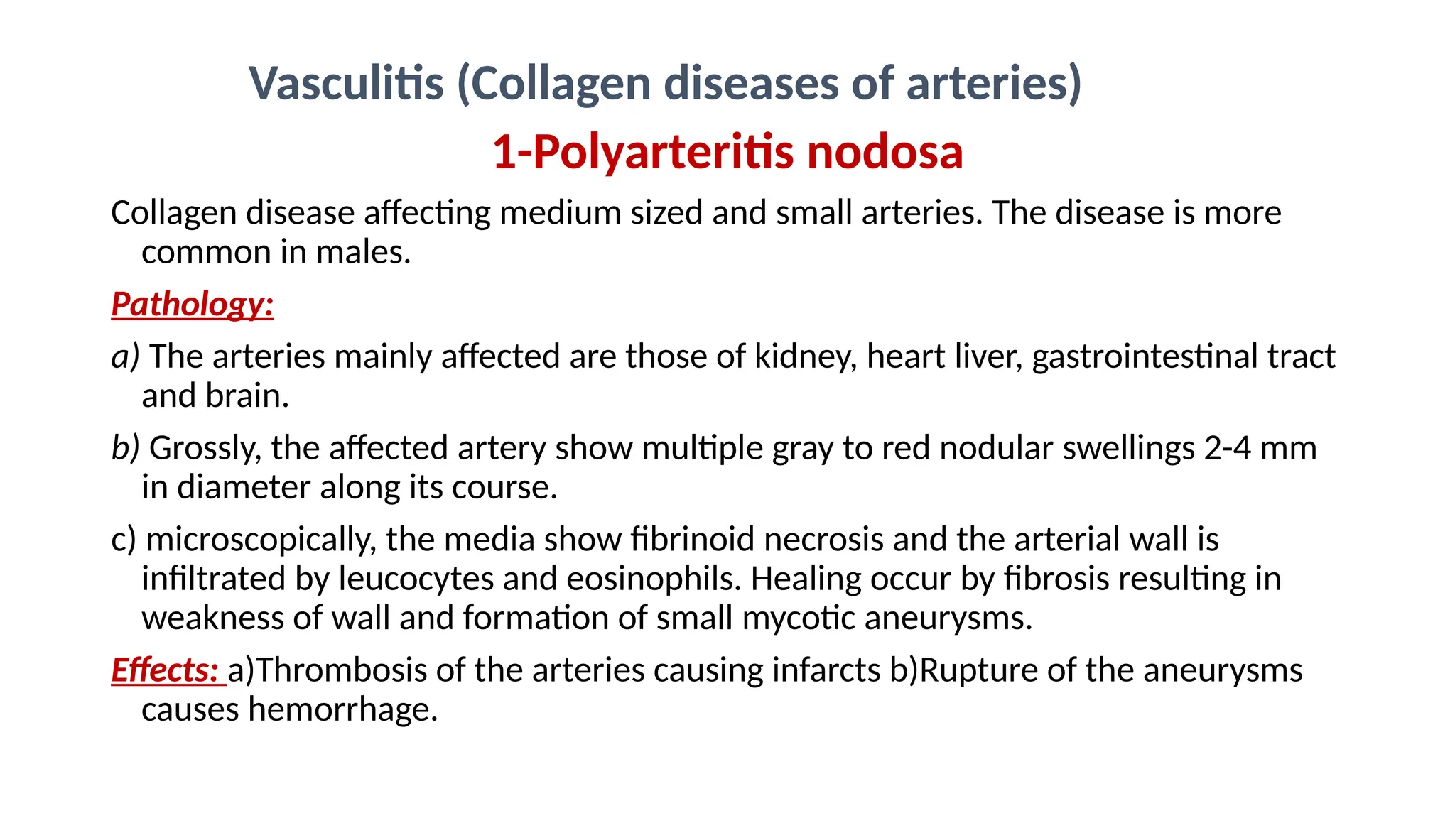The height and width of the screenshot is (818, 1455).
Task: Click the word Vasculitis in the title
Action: [347, 84]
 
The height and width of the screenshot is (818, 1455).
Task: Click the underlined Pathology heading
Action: [192, 305]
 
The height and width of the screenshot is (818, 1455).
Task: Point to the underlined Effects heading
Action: [165, 670]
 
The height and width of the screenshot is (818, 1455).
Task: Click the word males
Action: [362, 253]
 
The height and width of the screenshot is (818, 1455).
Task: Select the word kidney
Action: [805, 357]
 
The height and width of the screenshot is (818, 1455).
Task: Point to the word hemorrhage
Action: [342, 710]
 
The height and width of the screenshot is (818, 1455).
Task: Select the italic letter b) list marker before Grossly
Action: [126, 449]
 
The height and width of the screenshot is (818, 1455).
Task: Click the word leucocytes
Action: [416, 579]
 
